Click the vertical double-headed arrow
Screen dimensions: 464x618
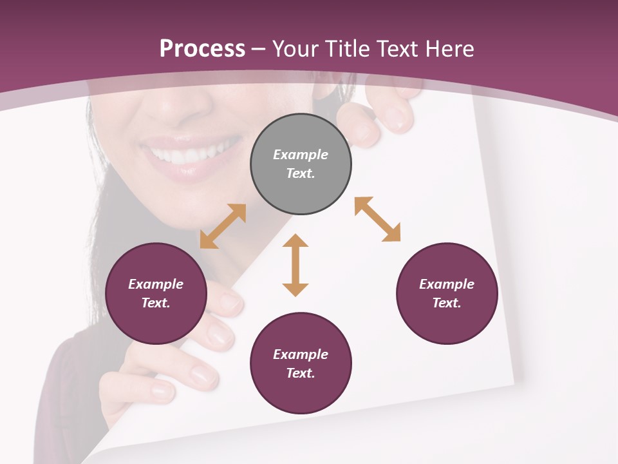click(295, 265)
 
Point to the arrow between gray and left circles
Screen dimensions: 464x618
click(223, 226)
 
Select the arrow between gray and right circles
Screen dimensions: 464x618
click(377, 219)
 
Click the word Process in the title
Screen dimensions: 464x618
click(202, 48)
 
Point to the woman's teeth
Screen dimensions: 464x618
click(187, 152)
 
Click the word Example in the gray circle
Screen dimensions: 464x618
click(301, 155)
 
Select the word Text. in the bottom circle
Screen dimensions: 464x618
click(301, 373)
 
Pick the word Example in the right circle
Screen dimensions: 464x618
click(447, 284)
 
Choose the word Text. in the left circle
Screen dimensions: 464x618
click(156, 303)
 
